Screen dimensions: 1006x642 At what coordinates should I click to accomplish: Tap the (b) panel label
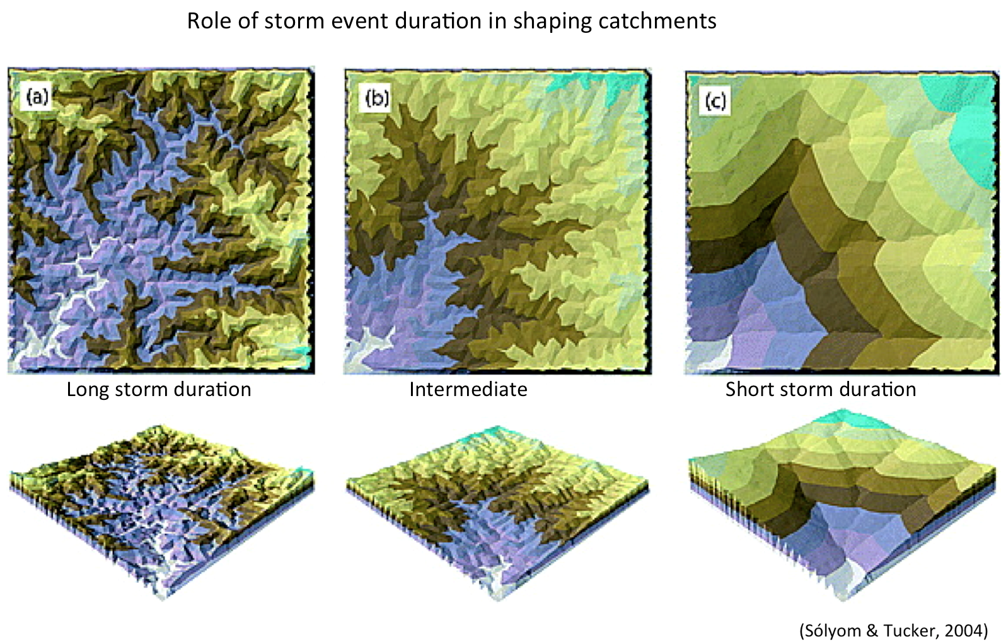point(377,98)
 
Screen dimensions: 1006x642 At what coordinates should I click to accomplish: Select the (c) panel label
point(715,101)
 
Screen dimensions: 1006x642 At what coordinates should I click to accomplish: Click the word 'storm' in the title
point(294,21)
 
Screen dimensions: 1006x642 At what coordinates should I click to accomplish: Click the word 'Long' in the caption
point(88,390)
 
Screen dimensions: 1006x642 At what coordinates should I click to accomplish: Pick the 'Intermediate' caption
point(468,389)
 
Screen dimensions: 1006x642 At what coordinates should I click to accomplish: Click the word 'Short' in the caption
point(749,389)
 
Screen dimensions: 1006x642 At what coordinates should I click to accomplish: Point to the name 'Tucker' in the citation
point(910,630)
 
